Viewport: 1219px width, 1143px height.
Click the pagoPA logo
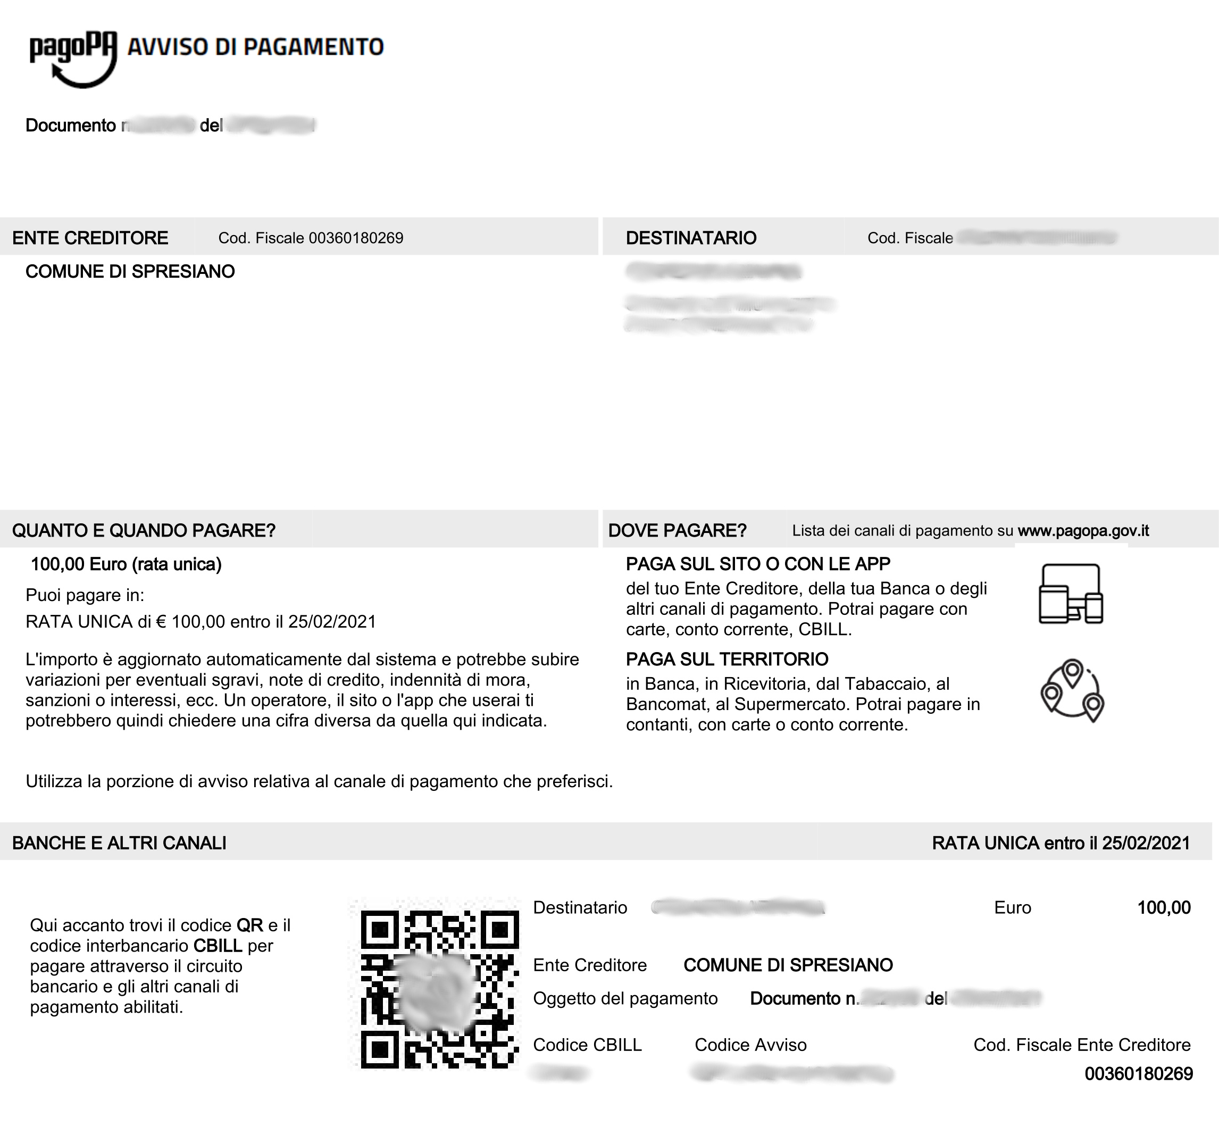tap(73, 59)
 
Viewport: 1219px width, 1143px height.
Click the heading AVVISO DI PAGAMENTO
tap(255, 47)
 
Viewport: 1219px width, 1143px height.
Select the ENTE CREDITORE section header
tap(90, 238)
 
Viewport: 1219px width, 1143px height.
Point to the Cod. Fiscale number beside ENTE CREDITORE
tap(356, 238)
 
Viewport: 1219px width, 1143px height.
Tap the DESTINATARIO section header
tap(691, 238)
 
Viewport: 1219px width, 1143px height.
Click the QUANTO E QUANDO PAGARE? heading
tap(144, 530)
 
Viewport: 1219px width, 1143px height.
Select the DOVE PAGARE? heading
tap(677, 530)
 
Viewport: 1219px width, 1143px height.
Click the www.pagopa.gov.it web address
tap(1083, 530)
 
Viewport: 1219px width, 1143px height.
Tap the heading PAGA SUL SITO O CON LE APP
tap(758, 564)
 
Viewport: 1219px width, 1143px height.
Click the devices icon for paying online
tap(1071, 594)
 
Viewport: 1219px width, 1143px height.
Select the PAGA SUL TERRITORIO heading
tap(727, 659)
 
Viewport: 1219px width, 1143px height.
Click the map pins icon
tap(1072, 690)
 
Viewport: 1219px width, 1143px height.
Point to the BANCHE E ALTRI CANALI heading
tap(120, 843)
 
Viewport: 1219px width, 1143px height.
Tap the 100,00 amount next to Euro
tap(1163, 907)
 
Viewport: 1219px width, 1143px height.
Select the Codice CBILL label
tap(587, 1045)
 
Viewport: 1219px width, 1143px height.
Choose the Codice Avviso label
tap(750, 1045)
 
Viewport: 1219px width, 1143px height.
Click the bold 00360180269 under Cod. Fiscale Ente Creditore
tap(1138, 1074)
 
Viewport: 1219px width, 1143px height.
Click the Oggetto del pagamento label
tap(625, 998)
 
